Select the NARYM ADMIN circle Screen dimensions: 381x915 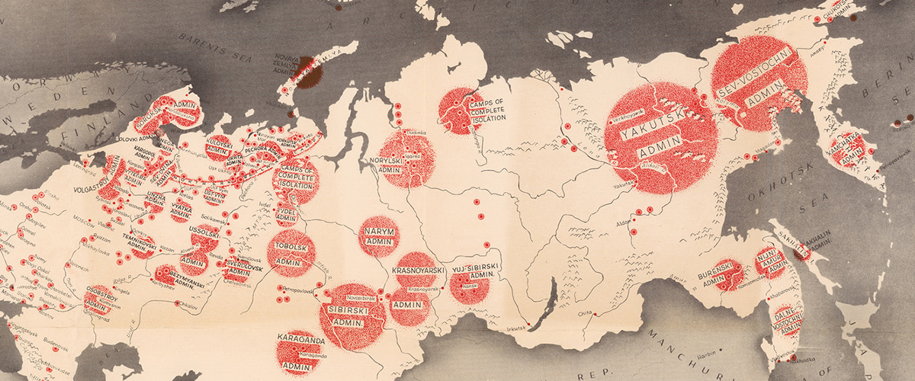pyautogui.click(x=378, y=235)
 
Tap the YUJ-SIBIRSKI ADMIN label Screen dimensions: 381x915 pyautogui.click(x=474, y=274)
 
